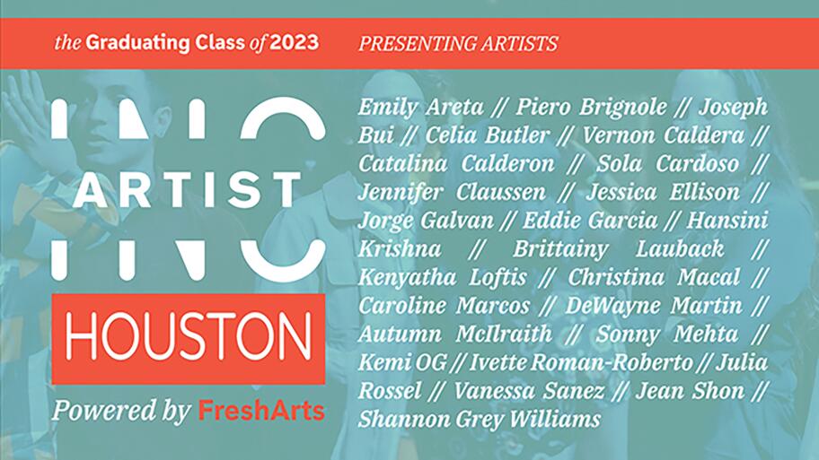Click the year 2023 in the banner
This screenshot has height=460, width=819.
[294, 43]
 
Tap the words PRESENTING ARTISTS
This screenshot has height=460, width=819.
[458, 44]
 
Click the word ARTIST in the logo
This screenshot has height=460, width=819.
[187, 190]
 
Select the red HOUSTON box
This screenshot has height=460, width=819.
[188, 339]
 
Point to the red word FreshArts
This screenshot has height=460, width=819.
[261, 411]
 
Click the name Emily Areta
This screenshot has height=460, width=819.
[420, 107]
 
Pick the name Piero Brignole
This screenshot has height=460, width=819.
[591, 108]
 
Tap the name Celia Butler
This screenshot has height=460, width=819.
[487, 135]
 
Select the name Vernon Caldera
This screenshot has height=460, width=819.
[663, 135]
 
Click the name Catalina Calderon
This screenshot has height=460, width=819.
[456, 164]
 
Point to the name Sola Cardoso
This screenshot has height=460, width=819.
[667, 164]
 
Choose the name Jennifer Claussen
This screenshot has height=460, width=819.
[452, 193]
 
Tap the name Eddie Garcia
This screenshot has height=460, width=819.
[590, 221]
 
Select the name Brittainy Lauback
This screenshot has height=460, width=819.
[619, 249]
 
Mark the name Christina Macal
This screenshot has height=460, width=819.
[654, 277]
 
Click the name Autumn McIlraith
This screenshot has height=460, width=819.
[455, 334]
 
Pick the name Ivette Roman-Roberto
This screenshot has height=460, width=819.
[581, 362]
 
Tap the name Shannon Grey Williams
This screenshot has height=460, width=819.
[480, 420]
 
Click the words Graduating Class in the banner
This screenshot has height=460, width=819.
[166, 43]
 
